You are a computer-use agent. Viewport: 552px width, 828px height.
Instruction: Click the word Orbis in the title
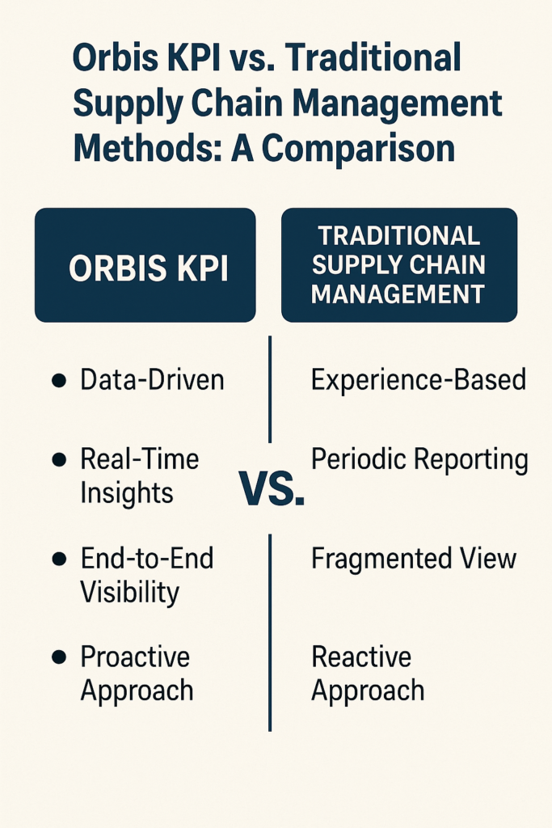pyautogui.click(x=107, y=57)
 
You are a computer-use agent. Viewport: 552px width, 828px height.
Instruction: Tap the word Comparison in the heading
pyautogui.click(x=358, y=148)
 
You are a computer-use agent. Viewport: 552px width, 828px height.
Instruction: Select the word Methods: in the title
pyautogui.click(x=148, y=148)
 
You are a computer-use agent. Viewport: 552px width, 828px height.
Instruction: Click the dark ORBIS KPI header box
pyautogui.click(x=145, y=265)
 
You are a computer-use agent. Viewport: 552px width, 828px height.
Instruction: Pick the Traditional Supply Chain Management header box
pyautogui.click(x=399, y=265)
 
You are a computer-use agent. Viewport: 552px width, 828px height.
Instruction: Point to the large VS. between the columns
pyautogui.click(x=272, y=488)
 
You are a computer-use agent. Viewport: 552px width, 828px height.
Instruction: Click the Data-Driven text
pyautogui.click(x=152, y=380)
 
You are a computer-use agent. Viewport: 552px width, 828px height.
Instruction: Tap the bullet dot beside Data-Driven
pyautogui.click(x=59, y=380)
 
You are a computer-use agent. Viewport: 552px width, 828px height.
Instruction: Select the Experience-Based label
pyautogui.click(x=419, y=380)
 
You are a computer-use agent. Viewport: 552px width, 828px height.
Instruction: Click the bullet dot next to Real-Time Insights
pyautogui.click(x=59, y=459)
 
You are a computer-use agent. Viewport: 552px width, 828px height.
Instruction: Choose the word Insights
pyautogui.click(x=127, y=493)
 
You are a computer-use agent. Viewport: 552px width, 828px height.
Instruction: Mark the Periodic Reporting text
pyautogui.click(x=419, y=460)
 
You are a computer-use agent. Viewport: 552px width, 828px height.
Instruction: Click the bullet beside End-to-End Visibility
pyautogui.click(x=59, y=559)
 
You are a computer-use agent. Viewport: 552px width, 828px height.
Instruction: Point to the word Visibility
pyautogui.click(x=130, y=593)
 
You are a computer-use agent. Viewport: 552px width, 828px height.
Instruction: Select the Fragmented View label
pyautogui.click(x=414, y=559)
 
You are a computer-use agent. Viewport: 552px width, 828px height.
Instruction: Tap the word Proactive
pyautogui.click(x=135, y=657)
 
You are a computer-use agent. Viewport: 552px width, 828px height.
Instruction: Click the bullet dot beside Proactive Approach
pyautogui.click(x=59, y=657)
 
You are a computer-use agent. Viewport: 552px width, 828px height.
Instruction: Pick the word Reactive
pyautogui.click(x=361, y=657)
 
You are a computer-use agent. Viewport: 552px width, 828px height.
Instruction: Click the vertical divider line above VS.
pyautogui.click(x=270, y=389)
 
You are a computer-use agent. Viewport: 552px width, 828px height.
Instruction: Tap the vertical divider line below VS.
pyautogui.click(x=270, y=632)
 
